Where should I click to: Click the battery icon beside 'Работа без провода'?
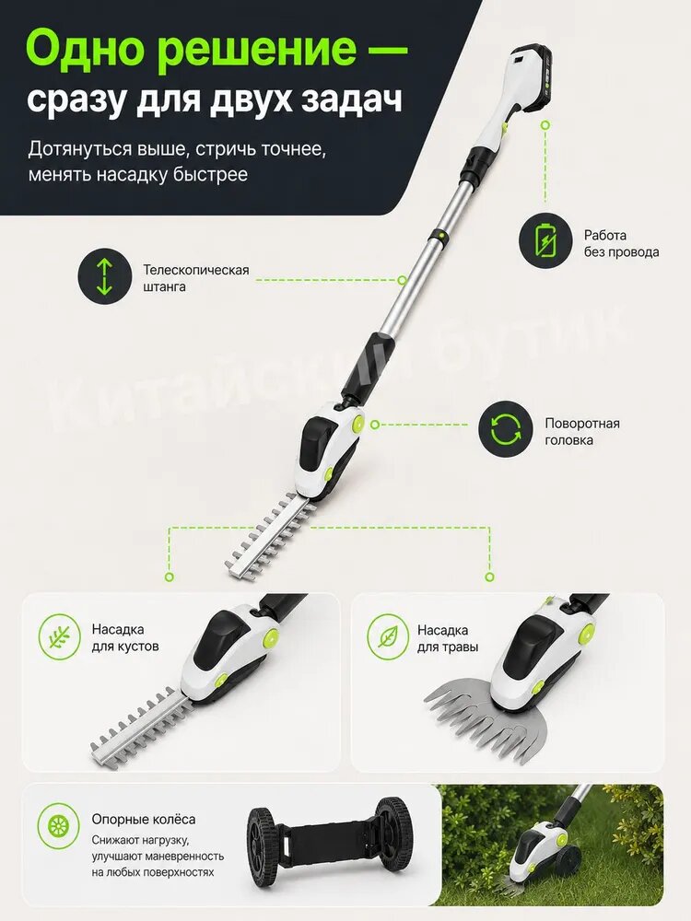tap(545, 239)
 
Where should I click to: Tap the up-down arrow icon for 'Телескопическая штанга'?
tap(105, 276)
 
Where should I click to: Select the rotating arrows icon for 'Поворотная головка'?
tap(505, 429)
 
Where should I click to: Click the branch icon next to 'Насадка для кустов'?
tap(59, 636)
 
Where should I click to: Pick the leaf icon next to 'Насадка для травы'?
tap(388, 636)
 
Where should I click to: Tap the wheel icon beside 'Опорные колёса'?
tap(58, 826)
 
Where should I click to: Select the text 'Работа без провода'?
tap(621, 244)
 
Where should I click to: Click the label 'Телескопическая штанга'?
tap(196, 278)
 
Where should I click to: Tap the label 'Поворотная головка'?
tap(581, 432)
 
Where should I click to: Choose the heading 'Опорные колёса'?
tap(144, 820)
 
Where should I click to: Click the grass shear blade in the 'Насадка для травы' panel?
tap(487, 722)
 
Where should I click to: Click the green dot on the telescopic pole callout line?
tap(402, 280)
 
